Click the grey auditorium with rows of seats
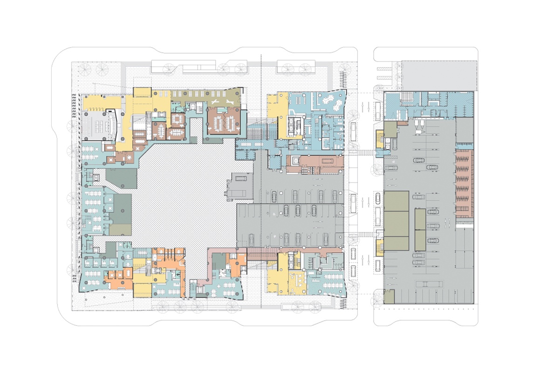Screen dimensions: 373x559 coord(99,124)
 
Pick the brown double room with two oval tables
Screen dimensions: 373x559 coord(224,122)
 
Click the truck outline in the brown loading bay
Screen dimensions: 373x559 coord(325,161)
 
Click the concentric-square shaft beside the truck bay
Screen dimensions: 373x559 coord(294,160)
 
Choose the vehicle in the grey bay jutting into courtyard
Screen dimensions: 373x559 coord(239,179)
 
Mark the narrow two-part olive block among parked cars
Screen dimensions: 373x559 coord(420,229)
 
